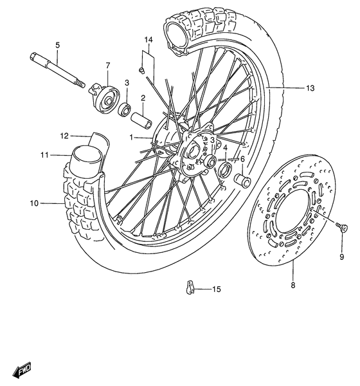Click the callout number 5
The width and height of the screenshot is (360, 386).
(57, 45)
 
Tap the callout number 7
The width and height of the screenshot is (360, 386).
(107, 65)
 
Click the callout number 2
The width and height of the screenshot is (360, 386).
(143, 98)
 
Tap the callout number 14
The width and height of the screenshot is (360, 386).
(148, 41)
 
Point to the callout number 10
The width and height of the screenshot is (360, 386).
(34, 203)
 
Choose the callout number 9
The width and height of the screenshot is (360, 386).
(341, 257)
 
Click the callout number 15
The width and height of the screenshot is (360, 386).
(215, 289)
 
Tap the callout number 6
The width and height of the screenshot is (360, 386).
(242, 159)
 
